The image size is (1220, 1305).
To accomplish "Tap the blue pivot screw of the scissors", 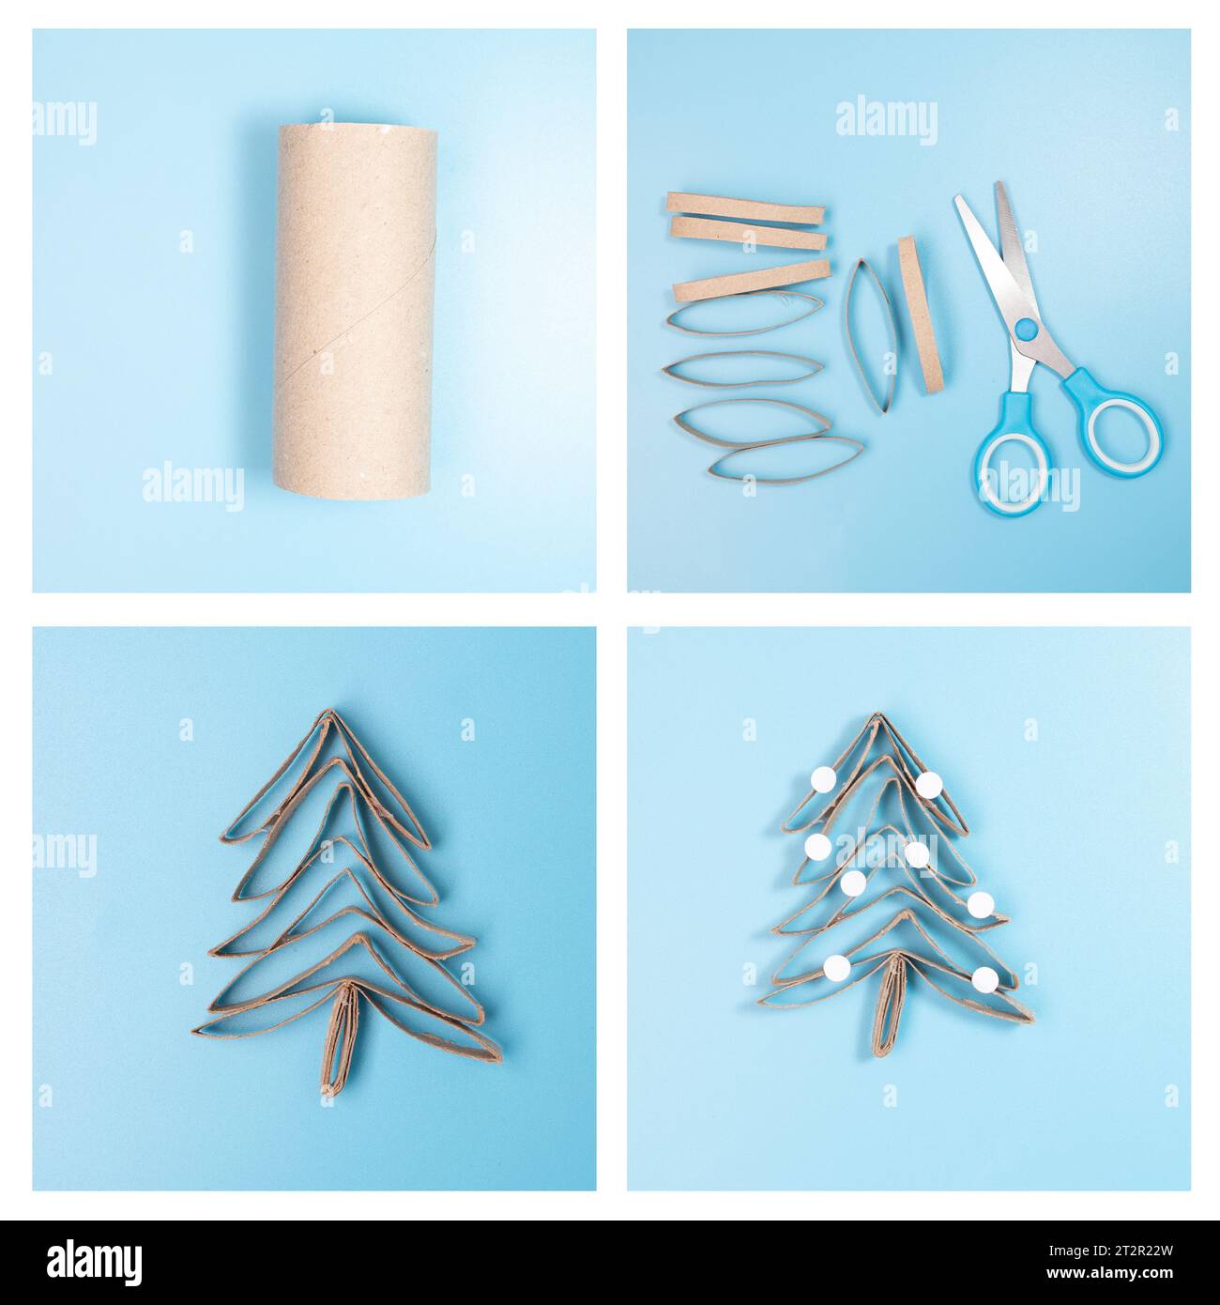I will coord(1027,329).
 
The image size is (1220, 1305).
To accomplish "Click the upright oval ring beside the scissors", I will coord(867,335).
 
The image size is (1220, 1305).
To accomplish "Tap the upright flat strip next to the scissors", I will coord(910,313).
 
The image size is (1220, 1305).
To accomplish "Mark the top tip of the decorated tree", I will coord(877,717).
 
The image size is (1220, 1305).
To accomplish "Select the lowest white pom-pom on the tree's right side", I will coord(984,978).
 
